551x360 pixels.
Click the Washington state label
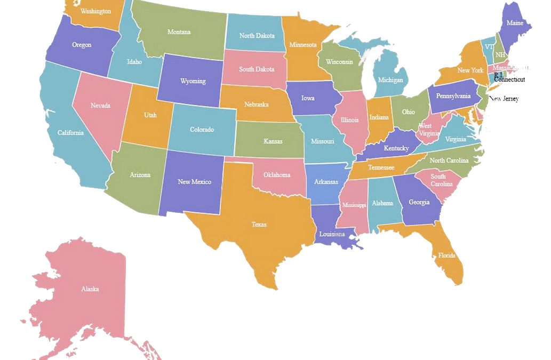(96, 11)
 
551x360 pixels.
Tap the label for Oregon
(82, 45)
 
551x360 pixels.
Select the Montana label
(179, 32)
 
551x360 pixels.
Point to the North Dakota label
(257, 36)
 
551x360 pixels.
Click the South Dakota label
(257, 69)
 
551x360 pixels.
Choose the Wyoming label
(193, 81)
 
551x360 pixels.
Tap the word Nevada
(100, 106)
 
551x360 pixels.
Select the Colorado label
(202, 130)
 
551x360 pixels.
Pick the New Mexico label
(194, 182)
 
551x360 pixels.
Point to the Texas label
(259, 225)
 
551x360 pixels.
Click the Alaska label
(90, 289)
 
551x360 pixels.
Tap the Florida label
(447, 255)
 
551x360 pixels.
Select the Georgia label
(419, 202)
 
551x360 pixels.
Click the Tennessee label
(382, 167)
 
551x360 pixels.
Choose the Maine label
(515, 23)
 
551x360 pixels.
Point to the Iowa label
(308, 98)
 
